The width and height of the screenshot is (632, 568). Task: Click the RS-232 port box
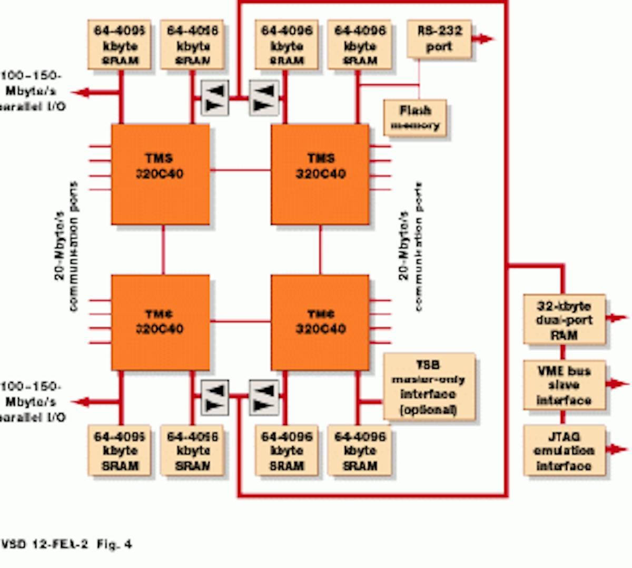[x=439, y=38]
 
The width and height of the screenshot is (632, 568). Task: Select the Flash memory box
[x=415, y=118]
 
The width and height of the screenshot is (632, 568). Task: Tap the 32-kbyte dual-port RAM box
[x=564, y=320]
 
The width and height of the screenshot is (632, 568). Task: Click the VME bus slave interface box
[x=564, y=385]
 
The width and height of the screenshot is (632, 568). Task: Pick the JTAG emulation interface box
[x=564, y=451]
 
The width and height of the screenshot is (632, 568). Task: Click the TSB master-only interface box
[x=429, y=387]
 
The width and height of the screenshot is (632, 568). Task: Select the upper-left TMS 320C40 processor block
[x=160, y=174]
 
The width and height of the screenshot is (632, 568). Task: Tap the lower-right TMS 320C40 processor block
[x=320, y=321]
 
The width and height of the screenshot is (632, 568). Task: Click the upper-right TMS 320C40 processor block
[x=320, y=174]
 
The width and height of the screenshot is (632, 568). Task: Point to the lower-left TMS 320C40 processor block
[x=160, y=321]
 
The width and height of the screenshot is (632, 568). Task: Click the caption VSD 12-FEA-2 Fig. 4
[x=66, y=544]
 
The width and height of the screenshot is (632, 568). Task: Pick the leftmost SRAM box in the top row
[x=120, y=45]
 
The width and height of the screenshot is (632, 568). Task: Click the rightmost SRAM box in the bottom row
[x=360, y=451]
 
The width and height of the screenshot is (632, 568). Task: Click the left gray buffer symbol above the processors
[x=215, y=98]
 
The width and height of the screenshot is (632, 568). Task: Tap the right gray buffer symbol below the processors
[x=263, y=398]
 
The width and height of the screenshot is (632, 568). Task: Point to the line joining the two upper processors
[x=240, y=170]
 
